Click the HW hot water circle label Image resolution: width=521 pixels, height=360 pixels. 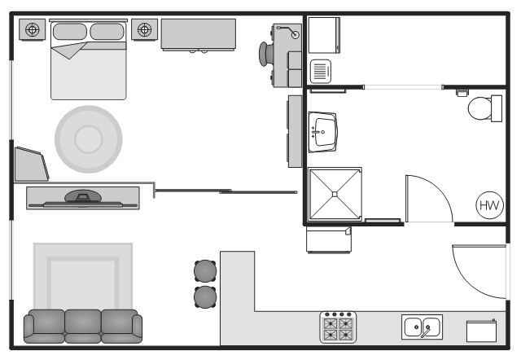(x=489, y=205)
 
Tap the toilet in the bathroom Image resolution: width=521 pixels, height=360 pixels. (x=485, y=108)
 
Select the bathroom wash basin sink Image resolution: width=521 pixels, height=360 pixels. (x=322, y=132)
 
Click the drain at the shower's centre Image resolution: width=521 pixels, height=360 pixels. (x=335, y=194)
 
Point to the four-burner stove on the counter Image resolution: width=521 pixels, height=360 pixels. (x=338, y=327)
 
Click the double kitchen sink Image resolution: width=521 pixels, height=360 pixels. (x=422, y=327)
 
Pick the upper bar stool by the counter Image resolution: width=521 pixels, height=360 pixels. (x=205, y=271)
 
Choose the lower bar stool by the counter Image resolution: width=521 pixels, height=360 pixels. (x=205, y=296)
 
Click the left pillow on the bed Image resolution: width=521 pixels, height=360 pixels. (x=70, y=32)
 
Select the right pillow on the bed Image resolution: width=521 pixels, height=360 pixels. (x=107, y=32)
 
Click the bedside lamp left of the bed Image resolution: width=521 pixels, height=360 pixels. (x=33, y=29)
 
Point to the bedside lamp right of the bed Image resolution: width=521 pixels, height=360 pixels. (x=145, y=29)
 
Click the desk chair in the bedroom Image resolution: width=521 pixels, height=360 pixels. (x=265, y=54)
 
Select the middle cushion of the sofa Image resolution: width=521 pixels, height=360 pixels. (x=83, y=326)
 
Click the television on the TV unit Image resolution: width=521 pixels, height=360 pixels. (x=83, y=199)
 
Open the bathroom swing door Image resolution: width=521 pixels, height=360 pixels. (x=429, y=199)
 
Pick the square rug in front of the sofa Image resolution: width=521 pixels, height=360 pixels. (x=83, y=276)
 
